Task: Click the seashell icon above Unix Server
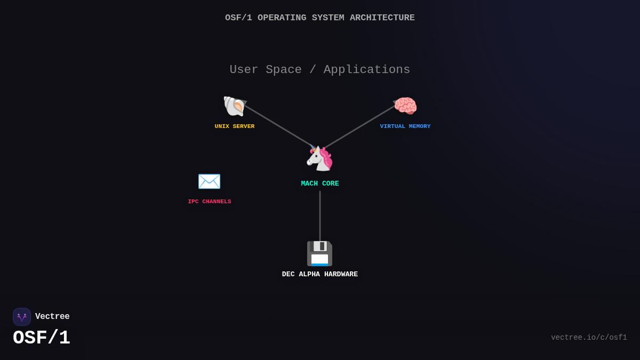(234, 106)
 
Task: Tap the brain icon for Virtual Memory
(405, 106)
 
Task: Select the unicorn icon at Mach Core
(319, 158)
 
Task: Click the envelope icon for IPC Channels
(209, 181)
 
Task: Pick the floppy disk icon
(319, 253)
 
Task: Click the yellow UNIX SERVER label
(235, 126)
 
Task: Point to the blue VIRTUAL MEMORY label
(405, 126)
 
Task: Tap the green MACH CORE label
(320, 183)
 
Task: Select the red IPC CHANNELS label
(210, 202)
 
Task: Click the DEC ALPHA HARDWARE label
(320, 274)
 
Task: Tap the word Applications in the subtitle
(367, 70)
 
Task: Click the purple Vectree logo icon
(22, 317)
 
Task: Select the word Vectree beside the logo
(52, 317)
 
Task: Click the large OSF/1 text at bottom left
(42, 338)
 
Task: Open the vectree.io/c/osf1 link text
(589, 338)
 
